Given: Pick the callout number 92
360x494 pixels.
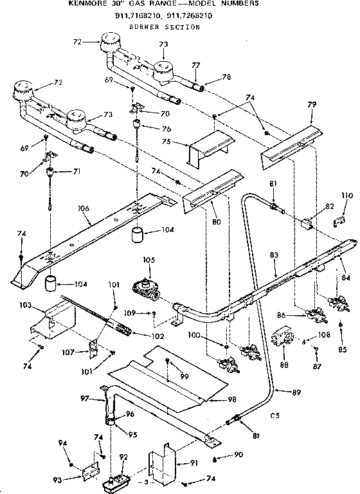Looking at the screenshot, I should point(124,457).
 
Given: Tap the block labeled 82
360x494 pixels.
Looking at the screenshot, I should point(307,223).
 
